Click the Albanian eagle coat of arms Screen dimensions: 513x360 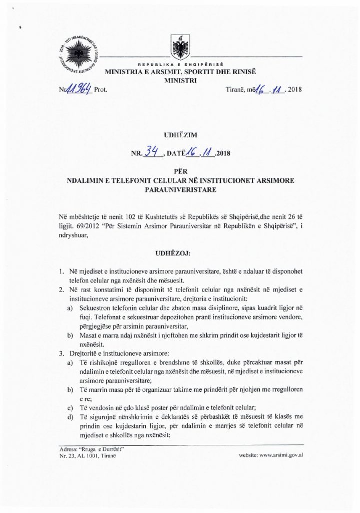(180, 48)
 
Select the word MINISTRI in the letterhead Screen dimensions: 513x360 (180, 80)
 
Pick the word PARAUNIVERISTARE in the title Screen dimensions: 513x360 (180, 190)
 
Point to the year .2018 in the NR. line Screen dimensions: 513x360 (222, 153)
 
